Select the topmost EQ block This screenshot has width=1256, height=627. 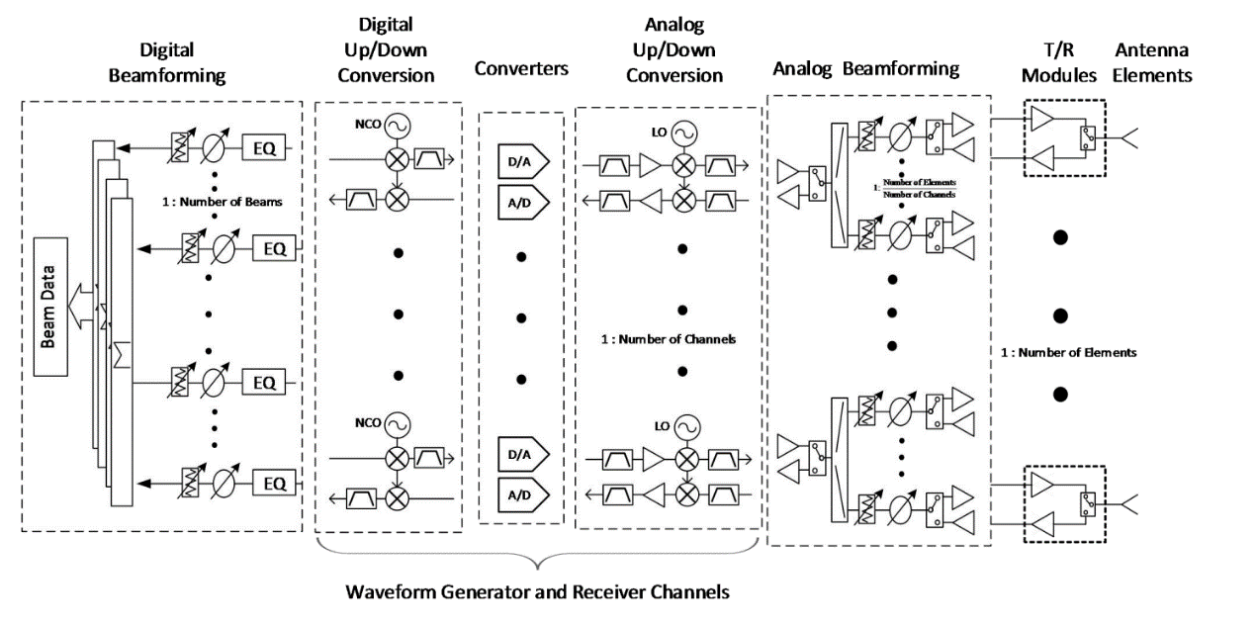(268, 148)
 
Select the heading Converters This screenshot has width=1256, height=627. (520, 69)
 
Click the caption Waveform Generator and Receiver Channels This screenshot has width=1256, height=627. (538, 592)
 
